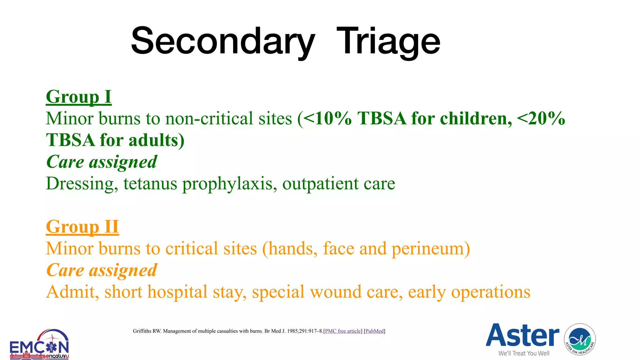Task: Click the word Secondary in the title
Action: (222, 42)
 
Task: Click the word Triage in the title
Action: (388, 42)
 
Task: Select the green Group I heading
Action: (78, 97)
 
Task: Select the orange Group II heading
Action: (82, 227)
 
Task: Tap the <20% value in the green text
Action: (541, 118)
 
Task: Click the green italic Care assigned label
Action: (102, 162)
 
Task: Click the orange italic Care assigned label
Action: (102, 270)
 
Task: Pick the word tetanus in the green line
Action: (150, 183)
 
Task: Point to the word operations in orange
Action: (491, 292)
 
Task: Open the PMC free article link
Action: (343, 331)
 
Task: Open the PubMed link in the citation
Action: (374, 331)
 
